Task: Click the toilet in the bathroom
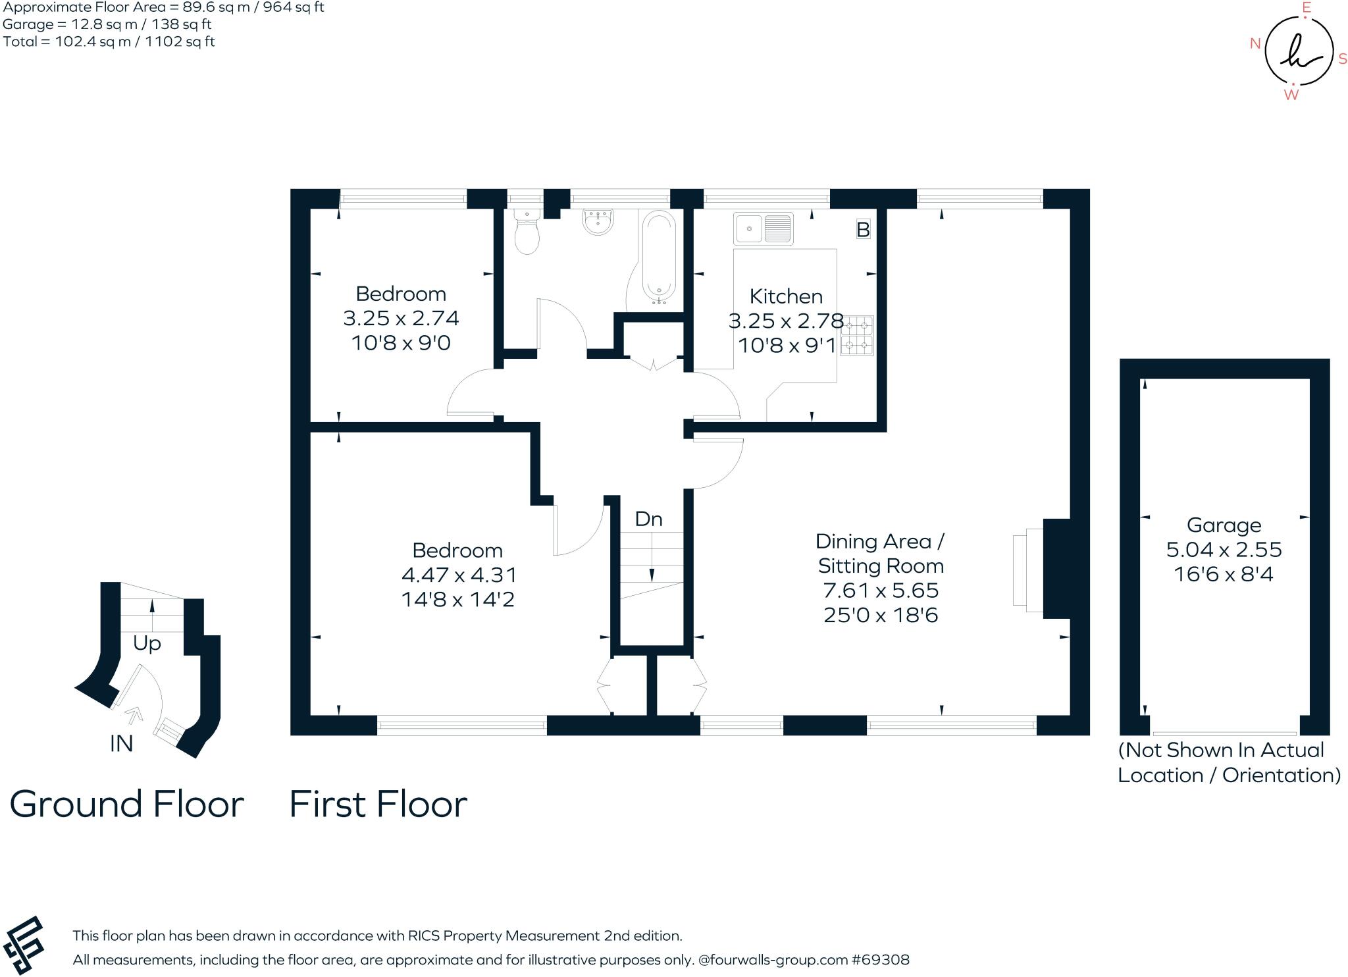click(527, 234)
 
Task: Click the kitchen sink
click(764, 228)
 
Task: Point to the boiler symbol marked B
click(863, 230)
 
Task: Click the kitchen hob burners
click(857, 336)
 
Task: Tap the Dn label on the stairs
click(648, 519)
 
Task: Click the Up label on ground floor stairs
click(147, 643)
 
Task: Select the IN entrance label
click(121, 743)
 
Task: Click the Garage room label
click(1224, 525)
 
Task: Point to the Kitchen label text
click(786, 296)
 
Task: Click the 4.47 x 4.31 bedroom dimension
click(459, 575)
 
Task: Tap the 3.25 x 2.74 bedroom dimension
click(401, 319)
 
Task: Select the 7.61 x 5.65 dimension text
click(881, 591)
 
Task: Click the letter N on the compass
click(1255, 44)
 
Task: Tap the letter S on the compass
click(1343, 59)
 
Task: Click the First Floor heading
click(378, 805)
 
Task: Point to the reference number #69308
click(881, 960)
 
